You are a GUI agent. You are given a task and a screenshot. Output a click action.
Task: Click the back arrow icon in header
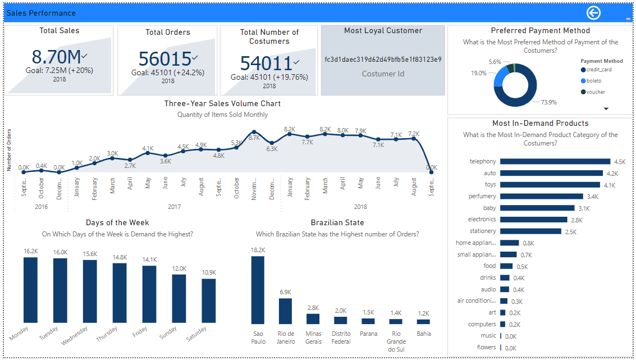tap(593, 13)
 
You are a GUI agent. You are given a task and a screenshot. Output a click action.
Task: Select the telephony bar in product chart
tap(555, 161)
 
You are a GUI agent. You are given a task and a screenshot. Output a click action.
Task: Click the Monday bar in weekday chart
tap(30, 290)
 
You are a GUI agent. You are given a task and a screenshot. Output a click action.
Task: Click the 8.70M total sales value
tap(56, 57)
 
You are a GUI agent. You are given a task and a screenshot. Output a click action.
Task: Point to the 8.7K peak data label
tap(254, 138)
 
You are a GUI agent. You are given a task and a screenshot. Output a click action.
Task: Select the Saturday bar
tap(209, 301)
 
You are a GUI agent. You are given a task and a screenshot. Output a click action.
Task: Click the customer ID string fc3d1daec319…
tap(383, 60)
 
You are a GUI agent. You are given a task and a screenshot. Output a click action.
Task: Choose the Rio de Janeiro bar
tap(285, 311)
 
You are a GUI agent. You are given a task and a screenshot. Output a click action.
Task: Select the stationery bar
tap(530, 231)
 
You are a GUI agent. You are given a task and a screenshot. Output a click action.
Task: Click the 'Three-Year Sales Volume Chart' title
tap(222, 103)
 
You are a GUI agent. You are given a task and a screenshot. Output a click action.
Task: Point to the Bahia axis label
tap(423, 334)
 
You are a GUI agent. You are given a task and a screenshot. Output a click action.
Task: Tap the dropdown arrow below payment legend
tap(606, 108)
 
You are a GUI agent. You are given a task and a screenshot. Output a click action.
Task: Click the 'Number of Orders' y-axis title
tap(9, 149)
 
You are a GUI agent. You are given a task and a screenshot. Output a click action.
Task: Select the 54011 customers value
tap(267, 63)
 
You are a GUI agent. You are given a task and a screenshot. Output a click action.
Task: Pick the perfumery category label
tap(482, 196)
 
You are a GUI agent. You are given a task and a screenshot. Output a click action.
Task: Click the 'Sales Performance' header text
tap(41, 13)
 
